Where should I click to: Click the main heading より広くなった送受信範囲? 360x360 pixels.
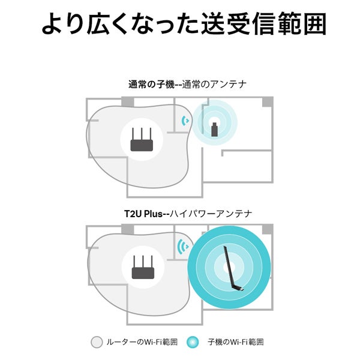pos(184,24)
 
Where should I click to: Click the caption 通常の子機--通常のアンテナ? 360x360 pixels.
pos(187,85)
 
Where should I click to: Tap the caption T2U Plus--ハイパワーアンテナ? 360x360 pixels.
pos(188,214)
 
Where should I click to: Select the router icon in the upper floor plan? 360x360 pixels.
pos(142,140)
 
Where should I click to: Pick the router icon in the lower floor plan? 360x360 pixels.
pos(143,267)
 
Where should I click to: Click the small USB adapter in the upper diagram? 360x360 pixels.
pos(214,130)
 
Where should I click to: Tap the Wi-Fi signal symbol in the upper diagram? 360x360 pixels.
pos(185,121)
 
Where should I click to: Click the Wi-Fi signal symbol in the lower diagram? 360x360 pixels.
pos(183,247)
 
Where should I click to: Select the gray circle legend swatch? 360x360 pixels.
pos(97,342)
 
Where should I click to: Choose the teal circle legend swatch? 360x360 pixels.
pos(193,342)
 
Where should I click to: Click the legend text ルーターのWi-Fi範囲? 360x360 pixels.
pos(142,342)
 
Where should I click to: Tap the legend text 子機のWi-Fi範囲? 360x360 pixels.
pos(236,342)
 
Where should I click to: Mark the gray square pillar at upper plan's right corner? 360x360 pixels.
pos(268,102)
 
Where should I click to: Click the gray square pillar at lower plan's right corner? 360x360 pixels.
pos(268,229)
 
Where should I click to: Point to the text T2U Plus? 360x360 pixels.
pos(143,214)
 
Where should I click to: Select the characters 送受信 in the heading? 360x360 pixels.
pos(238,24)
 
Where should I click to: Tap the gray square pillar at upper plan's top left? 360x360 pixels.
pos(128,101)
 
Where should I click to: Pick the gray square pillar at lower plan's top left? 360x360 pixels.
pos(128,229)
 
